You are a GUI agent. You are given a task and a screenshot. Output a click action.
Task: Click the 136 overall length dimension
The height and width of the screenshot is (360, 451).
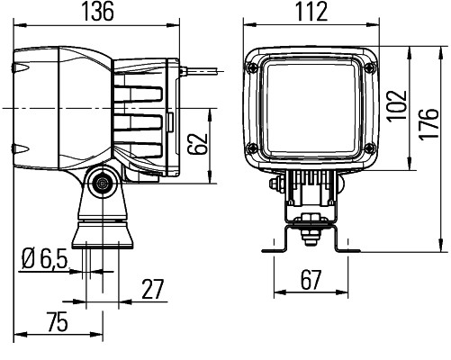click(x=102, y=12)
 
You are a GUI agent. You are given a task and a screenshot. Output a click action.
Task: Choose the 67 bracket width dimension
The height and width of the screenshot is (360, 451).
click(x=310, y=280)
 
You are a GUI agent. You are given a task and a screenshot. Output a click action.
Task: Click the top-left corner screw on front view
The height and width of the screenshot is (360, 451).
click(x=257, y=65)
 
